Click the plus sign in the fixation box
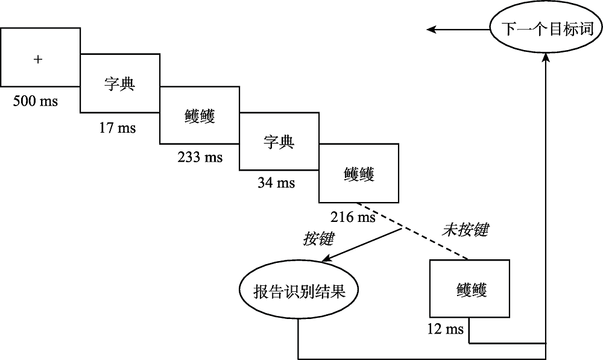point(39,58)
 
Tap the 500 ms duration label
point(36,101)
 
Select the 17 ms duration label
point(118,128)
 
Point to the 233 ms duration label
point(200,157)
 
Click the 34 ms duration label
point(276,183)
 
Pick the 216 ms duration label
point(353,216)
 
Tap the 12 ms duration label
point(446,329)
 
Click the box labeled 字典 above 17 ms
point(120,83)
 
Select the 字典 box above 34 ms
point(279,142)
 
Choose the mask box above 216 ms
point(359,174)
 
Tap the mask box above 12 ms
point(469,289)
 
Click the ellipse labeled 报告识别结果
point(299,291)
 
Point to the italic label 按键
point(318,239)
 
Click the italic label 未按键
point(466,229)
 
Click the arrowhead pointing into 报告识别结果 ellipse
point(326,260)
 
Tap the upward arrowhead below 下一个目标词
point(546,56)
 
